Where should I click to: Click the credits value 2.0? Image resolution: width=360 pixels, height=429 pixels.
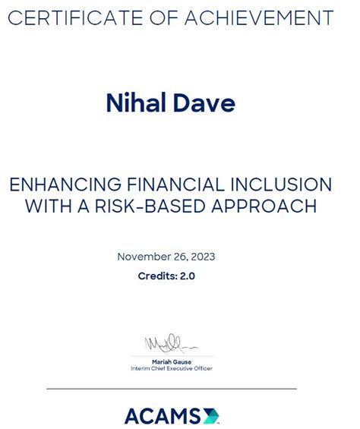tap(187, 276)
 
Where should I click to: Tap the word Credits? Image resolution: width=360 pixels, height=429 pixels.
tap(156, 276)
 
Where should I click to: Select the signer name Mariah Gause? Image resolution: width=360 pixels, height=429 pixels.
tap(172, 361)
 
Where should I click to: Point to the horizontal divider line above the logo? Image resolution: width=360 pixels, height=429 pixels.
tap(172, 389)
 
